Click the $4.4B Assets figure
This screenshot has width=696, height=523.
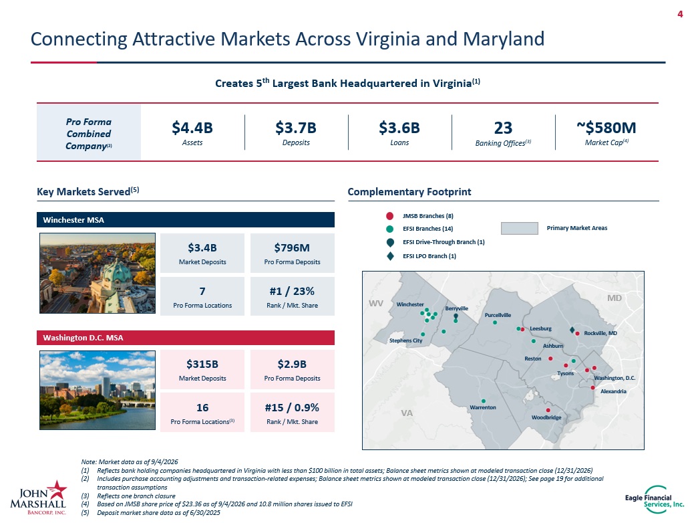(192, 128)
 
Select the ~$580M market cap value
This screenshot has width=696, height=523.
(606, 128)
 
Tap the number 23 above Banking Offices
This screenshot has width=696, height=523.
(503, 128)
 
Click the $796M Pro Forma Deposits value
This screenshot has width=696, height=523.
(292, 248)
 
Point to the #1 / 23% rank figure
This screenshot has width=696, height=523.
(292, 292)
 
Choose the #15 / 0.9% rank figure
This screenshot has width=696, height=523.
(292, 408)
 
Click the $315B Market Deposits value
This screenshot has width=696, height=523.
(202, 364)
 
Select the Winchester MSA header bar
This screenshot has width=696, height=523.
(186, 219)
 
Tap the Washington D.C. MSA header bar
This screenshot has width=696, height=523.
(186, 338)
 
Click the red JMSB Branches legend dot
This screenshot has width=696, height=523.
(389, 216)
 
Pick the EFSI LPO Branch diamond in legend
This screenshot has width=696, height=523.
(390, 256)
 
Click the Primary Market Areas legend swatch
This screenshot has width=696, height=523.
(520, 228)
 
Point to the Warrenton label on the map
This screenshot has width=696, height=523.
(483, 407)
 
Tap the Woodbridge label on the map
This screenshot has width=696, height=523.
(546, 417)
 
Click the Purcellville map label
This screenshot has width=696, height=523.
(498, 315)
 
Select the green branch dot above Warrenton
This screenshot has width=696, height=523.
(484, 401)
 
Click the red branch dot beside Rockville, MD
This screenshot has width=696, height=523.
(578, 333)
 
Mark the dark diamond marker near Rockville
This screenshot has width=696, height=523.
(572, 330)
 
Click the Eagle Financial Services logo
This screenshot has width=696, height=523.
(655, 500)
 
